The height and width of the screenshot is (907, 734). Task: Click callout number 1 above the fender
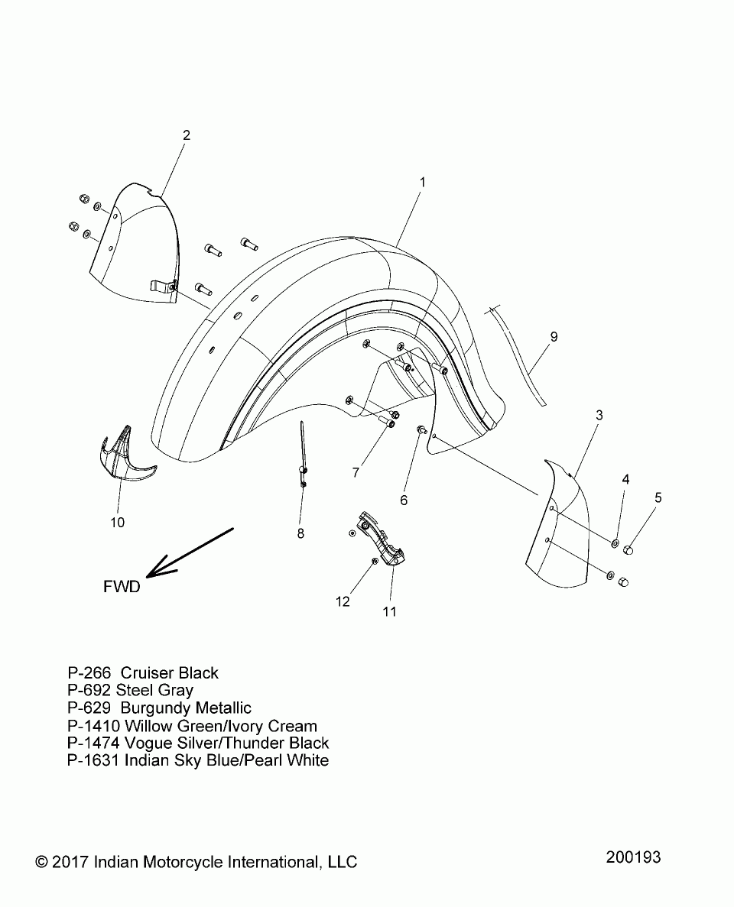(422, 183)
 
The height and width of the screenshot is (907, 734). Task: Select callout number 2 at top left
(186, 135)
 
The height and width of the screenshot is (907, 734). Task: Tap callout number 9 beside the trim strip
(554, 336)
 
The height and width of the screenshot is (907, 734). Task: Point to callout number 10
(117, 523)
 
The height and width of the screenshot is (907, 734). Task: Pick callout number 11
(390, 611)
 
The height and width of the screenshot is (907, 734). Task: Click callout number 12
(343, 602)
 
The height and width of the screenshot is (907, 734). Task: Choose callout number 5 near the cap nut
(658, 498)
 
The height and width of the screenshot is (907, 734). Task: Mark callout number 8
(300, 533)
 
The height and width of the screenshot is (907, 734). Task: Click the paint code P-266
(90, 673)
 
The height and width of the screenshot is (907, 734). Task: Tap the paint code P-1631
(94, 760)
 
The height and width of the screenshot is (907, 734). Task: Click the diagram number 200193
(633, 857)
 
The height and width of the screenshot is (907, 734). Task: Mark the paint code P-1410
(94, 726)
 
